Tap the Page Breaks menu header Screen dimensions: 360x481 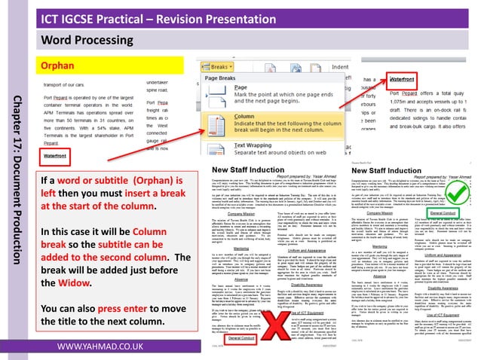tap(221, 78)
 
